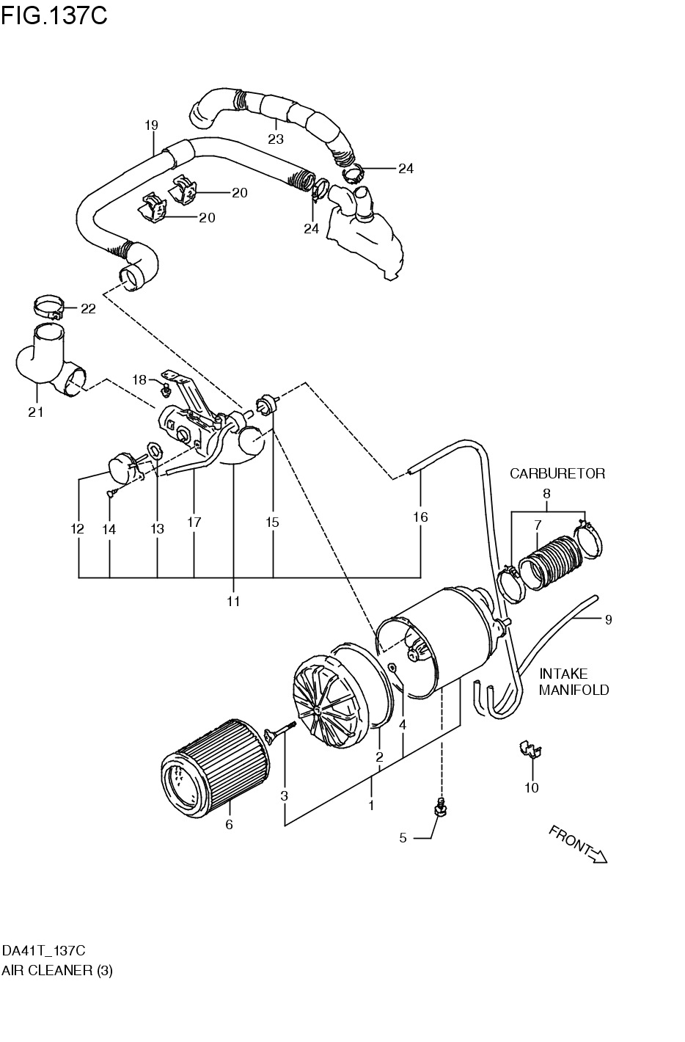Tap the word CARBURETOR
[557, 473]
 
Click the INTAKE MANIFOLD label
[574, 682]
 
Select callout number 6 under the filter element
[229, 825]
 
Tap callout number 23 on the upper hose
[275, 139]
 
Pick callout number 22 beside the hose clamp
[88, 309]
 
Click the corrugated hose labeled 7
[548, 565]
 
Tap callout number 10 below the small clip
[532, 788]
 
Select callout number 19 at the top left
[151, 125]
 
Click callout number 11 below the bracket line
[233, 602]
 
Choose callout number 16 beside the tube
[420, 517]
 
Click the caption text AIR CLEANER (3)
[56, 970]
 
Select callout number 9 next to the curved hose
[608, 619]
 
